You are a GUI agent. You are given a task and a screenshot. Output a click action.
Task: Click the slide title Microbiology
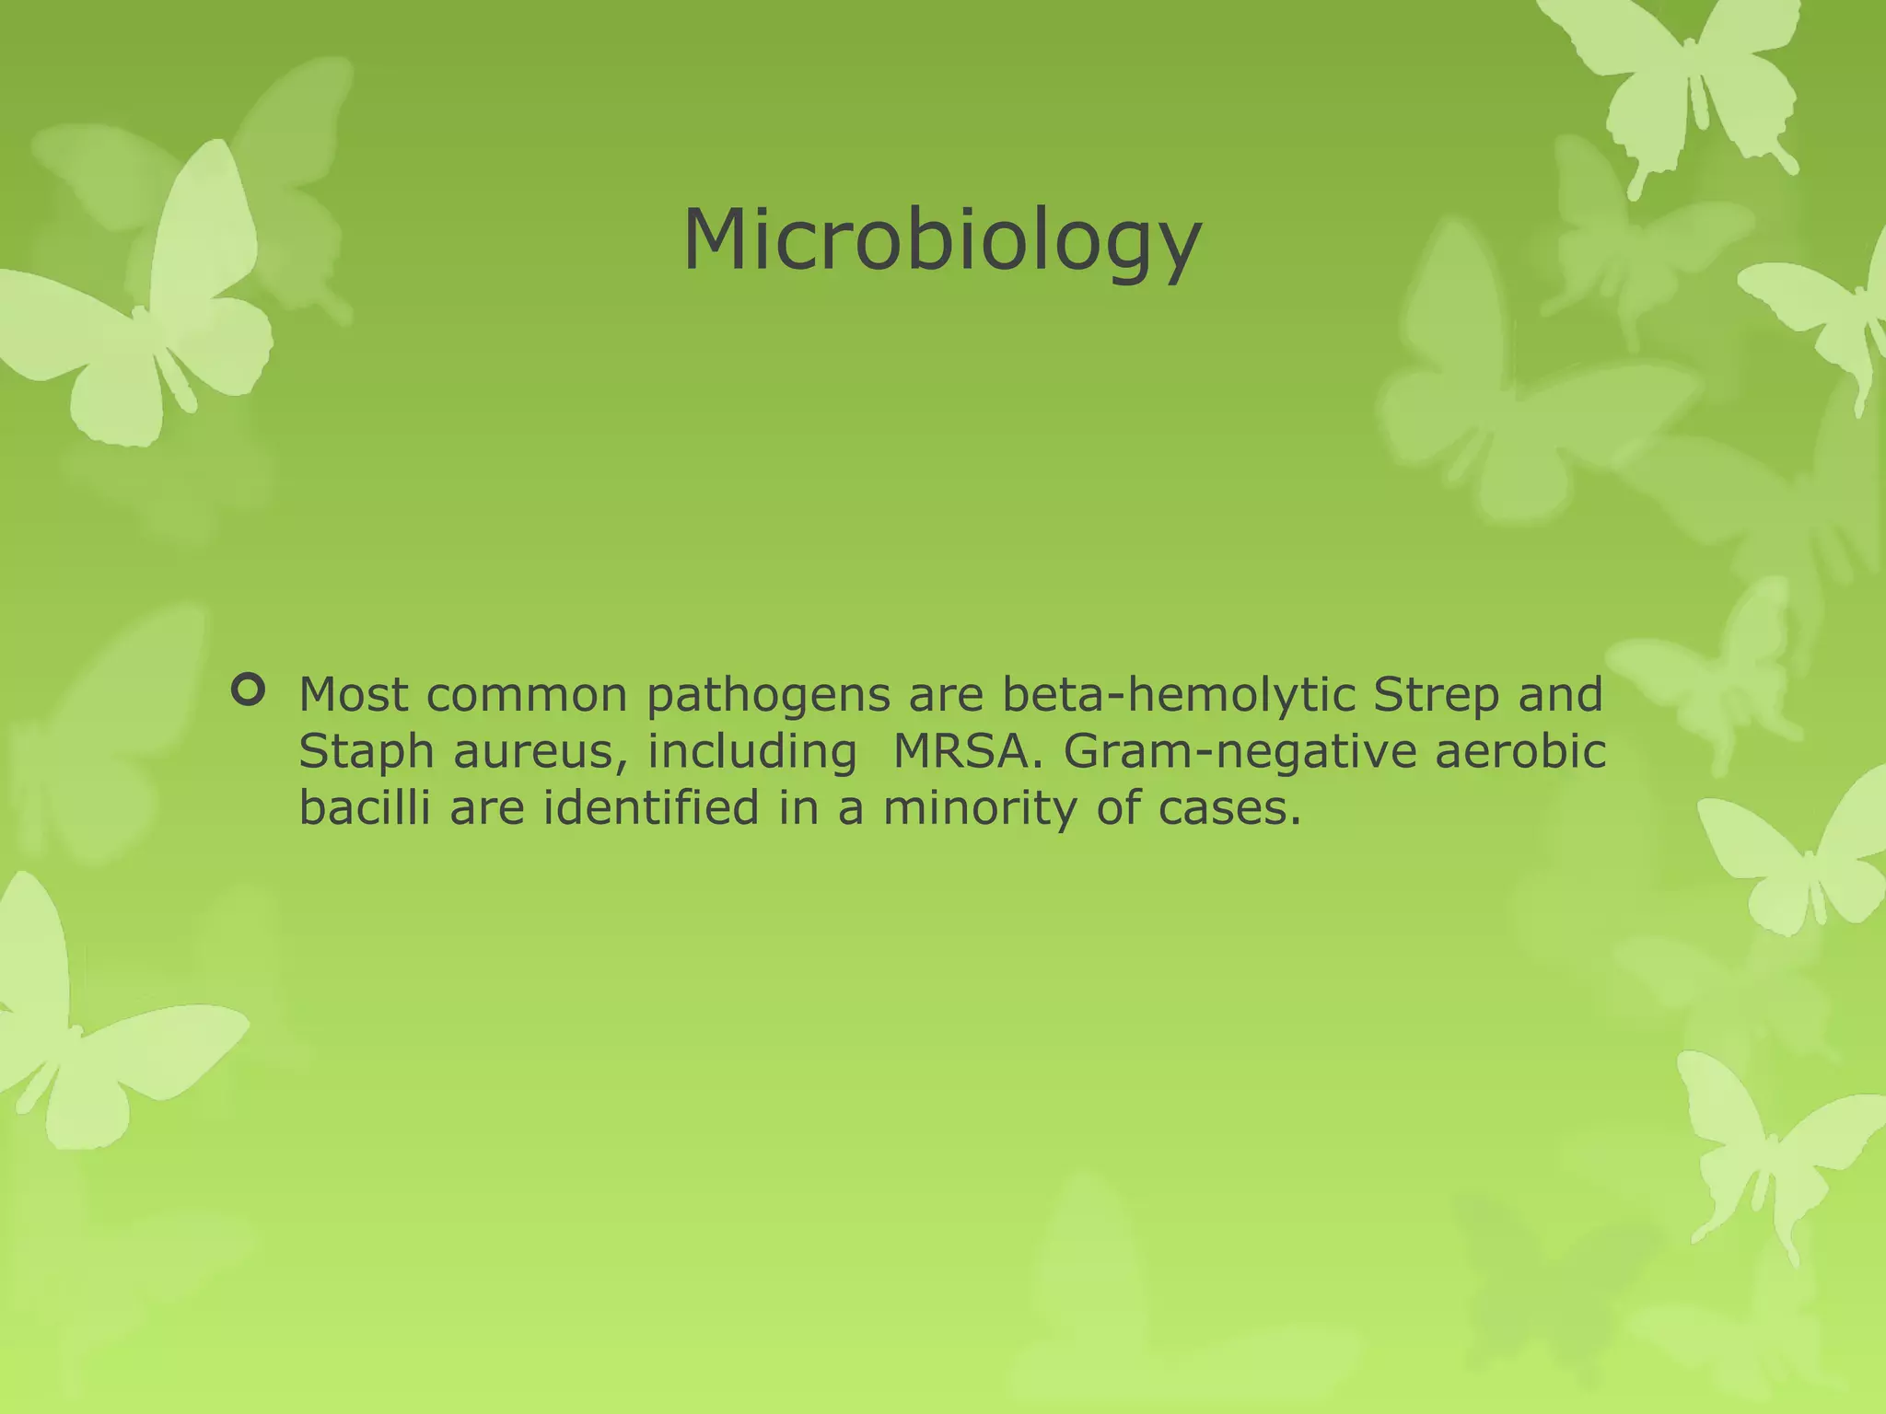pos(941,241)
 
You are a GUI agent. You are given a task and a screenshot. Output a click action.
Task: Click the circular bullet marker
pos(248,690)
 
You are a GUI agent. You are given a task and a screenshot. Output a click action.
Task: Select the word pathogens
pos(768,697)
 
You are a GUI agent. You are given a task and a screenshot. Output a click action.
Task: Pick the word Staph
pos(366,754)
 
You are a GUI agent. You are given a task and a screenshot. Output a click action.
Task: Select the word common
pos(527,695)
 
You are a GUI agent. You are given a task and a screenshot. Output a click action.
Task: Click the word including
pos(751,753)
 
